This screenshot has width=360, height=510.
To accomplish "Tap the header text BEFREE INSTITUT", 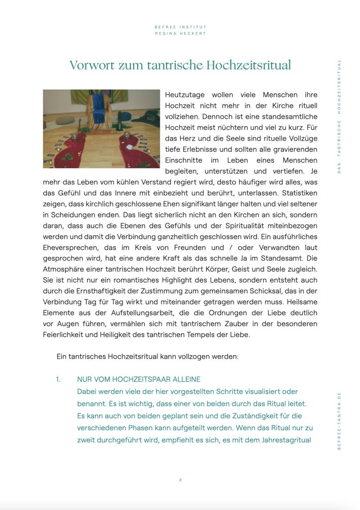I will click(x=180, y=27).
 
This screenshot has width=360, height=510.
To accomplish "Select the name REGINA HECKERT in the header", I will click(x=180, y=34).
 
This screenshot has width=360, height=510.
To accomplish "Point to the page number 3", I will click(x=180, y=480).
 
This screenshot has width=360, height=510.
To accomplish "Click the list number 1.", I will click(x=58, y=379).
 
